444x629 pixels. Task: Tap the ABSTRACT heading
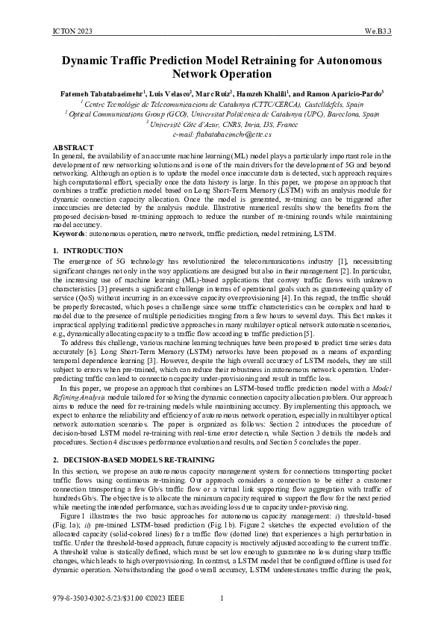73,148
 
